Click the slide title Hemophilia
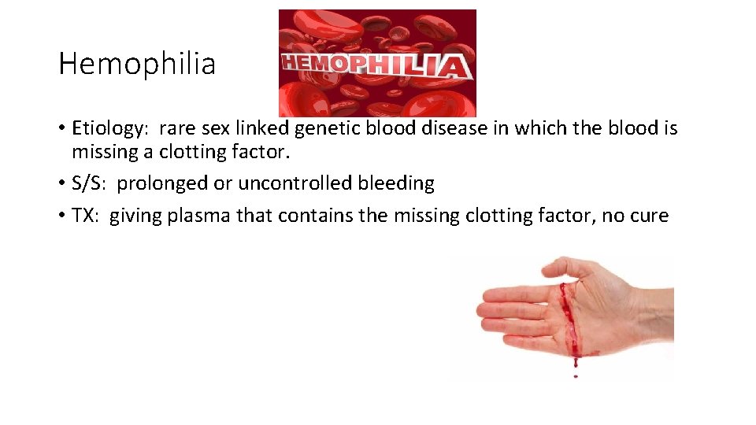pos(136,64)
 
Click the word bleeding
pos(396,183)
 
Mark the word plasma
pos(201,216)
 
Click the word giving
pos(133,216)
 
